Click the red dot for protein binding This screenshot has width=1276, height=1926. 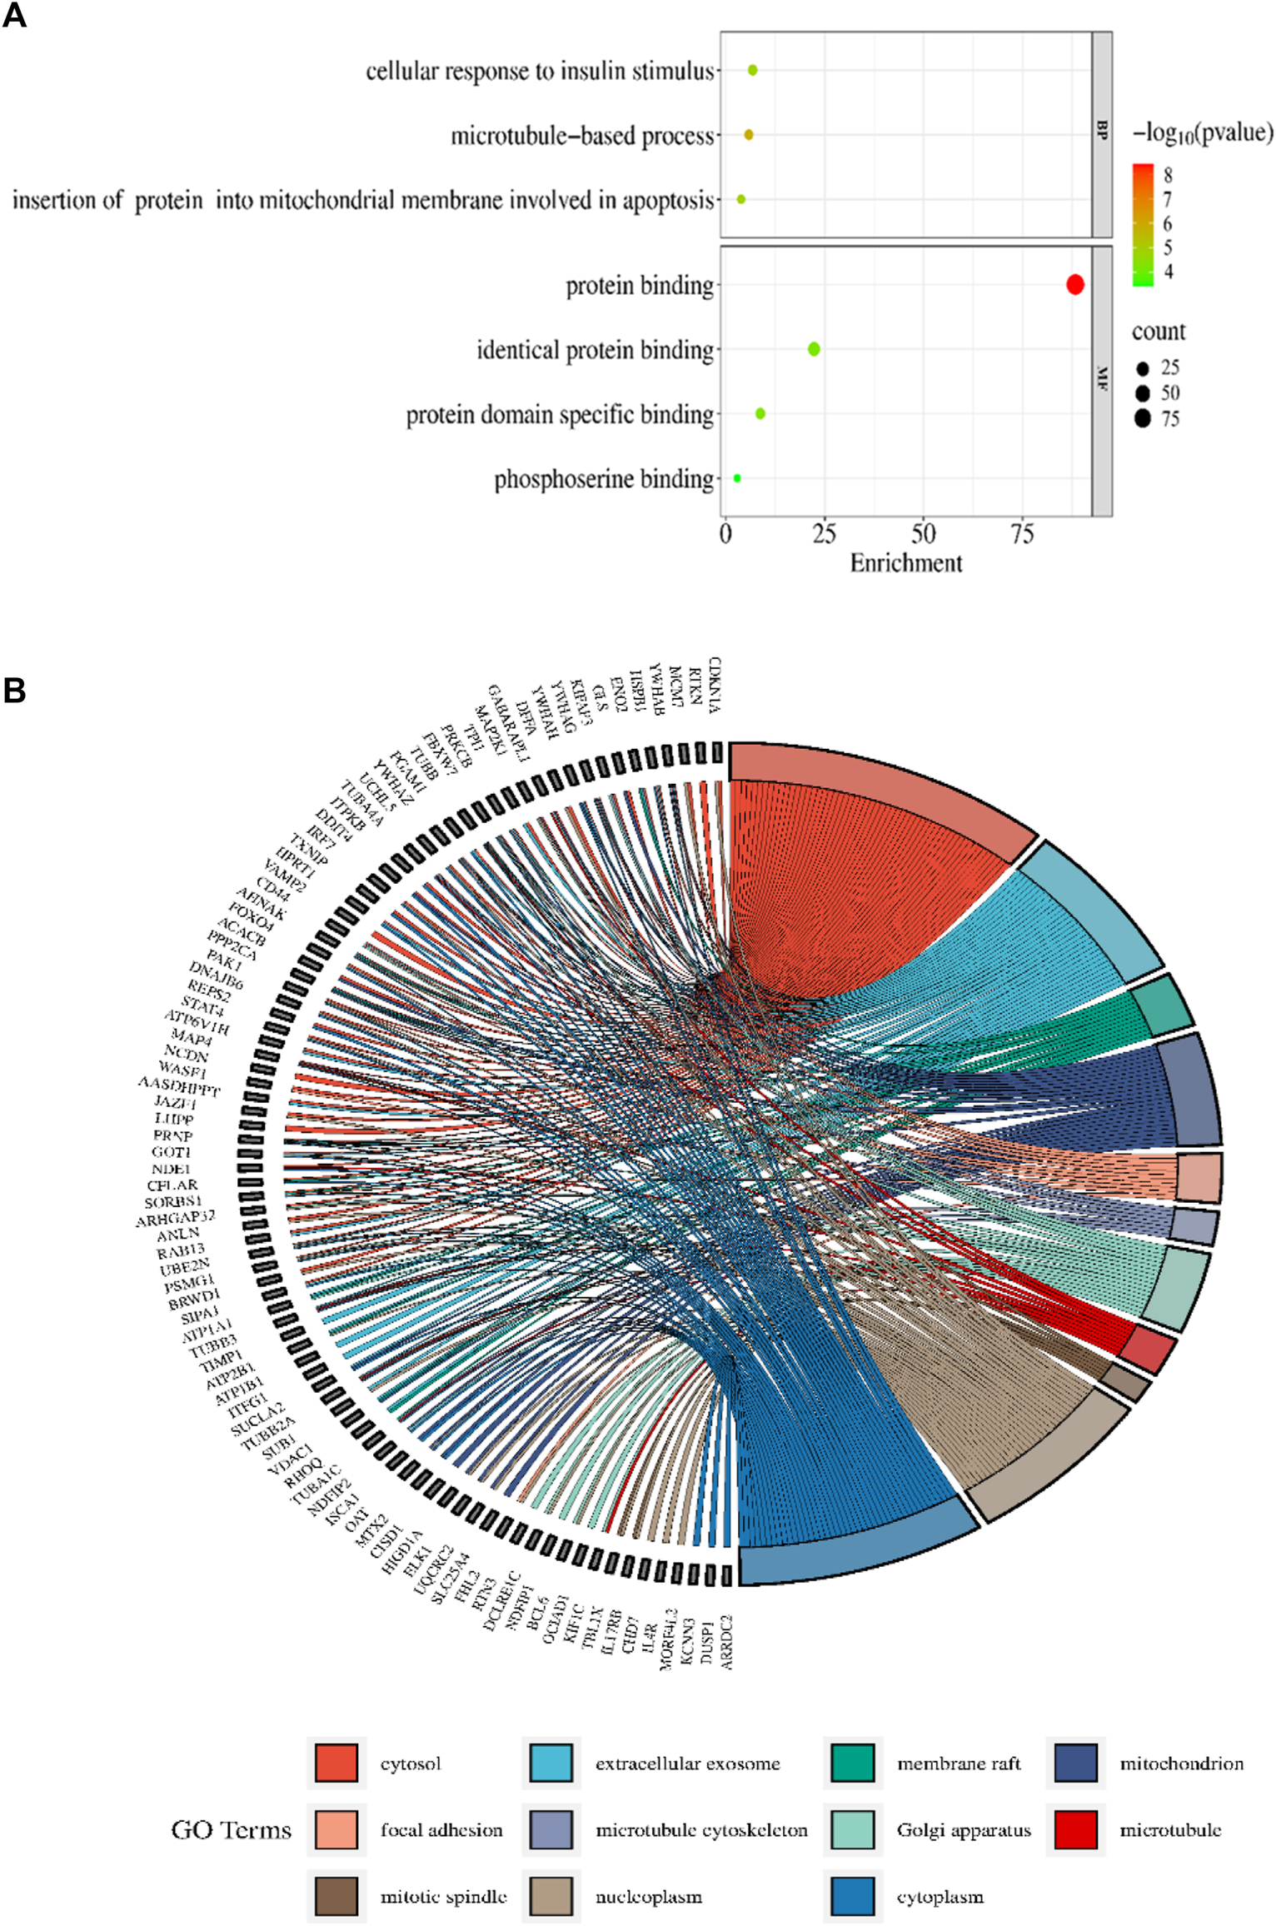click(x=1074, y=285)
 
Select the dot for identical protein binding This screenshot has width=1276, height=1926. click(x=814, y=349)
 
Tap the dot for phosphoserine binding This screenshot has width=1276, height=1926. click(x=737, y=478)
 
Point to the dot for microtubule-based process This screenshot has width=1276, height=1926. click(x=748, y=135)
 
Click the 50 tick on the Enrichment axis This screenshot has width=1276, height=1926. click(x=923, y=534)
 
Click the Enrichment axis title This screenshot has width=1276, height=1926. click(x=905, y=564)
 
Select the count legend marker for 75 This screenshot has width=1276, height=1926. click(x=1142, y=418)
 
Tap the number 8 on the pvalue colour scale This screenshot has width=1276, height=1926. click(x=1169, y=175)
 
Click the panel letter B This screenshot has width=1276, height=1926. click(x=14, y=691)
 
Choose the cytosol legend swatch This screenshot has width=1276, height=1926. click(x=336, y=1763)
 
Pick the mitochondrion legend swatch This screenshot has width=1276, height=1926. click(x=1075, y=1763)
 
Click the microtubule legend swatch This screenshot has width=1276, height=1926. click(x=1075, y=1829)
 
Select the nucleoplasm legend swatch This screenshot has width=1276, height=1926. click(x=551, y=1896)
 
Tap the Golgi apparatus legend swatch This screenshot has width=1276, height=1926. click(x=852, y=1829)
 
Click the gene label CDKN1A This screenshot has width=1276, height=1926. click(x=715, y=685)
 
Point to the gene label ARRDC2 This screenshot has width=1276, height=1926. click(x=726, y=1642)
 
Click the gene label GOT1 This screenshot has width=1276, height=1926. click(x=172, y=1152)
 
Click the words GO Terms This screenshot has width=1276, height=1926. click(x=231, y=1830)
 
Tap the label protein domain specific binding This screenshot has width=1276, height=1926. click(x=560, y=415)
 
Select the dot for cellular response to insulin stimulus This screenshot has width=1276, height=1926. click(x=752, y=71)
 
